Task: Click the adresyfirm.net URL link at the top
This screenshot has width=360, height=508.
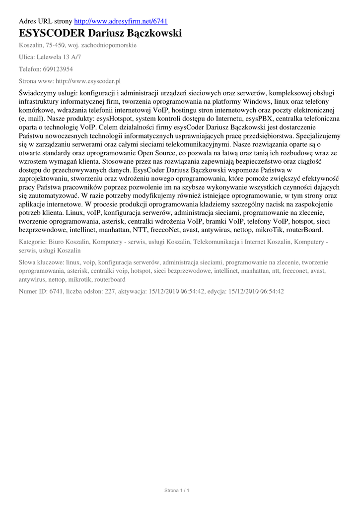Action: click(121, 21)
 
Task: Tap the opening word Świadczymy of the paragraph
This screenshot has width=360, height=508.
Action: click(38, 92)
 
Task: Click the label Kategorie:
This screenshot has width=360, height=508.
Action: click(32, 242)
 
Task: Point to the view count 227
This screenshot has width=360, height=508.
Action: click(110, 291)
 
